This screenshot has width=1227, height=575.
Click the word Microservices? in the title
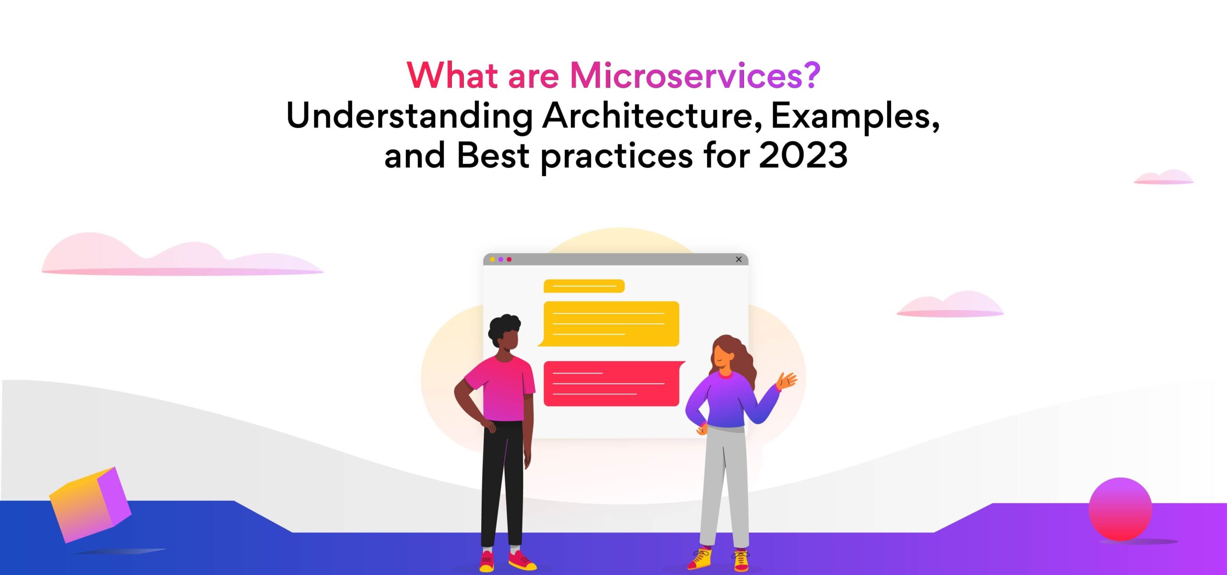[x=695, y=76]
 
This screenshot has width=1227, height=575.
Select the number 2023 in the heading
[x=803, y=155]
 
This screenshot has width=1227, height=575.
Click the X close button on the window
[x=739, y=259]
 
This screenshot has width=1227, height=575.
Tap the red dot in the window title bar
[x=509, y=259]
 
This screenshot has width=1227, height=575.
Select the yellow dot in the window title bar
[x=492, y=259]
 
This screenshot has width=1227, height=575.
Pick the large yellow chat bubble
[x=609, y=324]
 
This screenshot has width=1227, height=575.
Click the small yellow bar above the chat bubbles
[x=584, y=286]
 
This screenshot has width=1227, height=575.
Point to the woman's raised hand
[x=787, y=381]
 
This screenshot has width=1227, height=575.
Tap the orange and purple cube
[x=90, y=505]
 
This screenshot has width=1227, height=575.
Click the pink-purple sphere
[x=1120, y=509]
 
